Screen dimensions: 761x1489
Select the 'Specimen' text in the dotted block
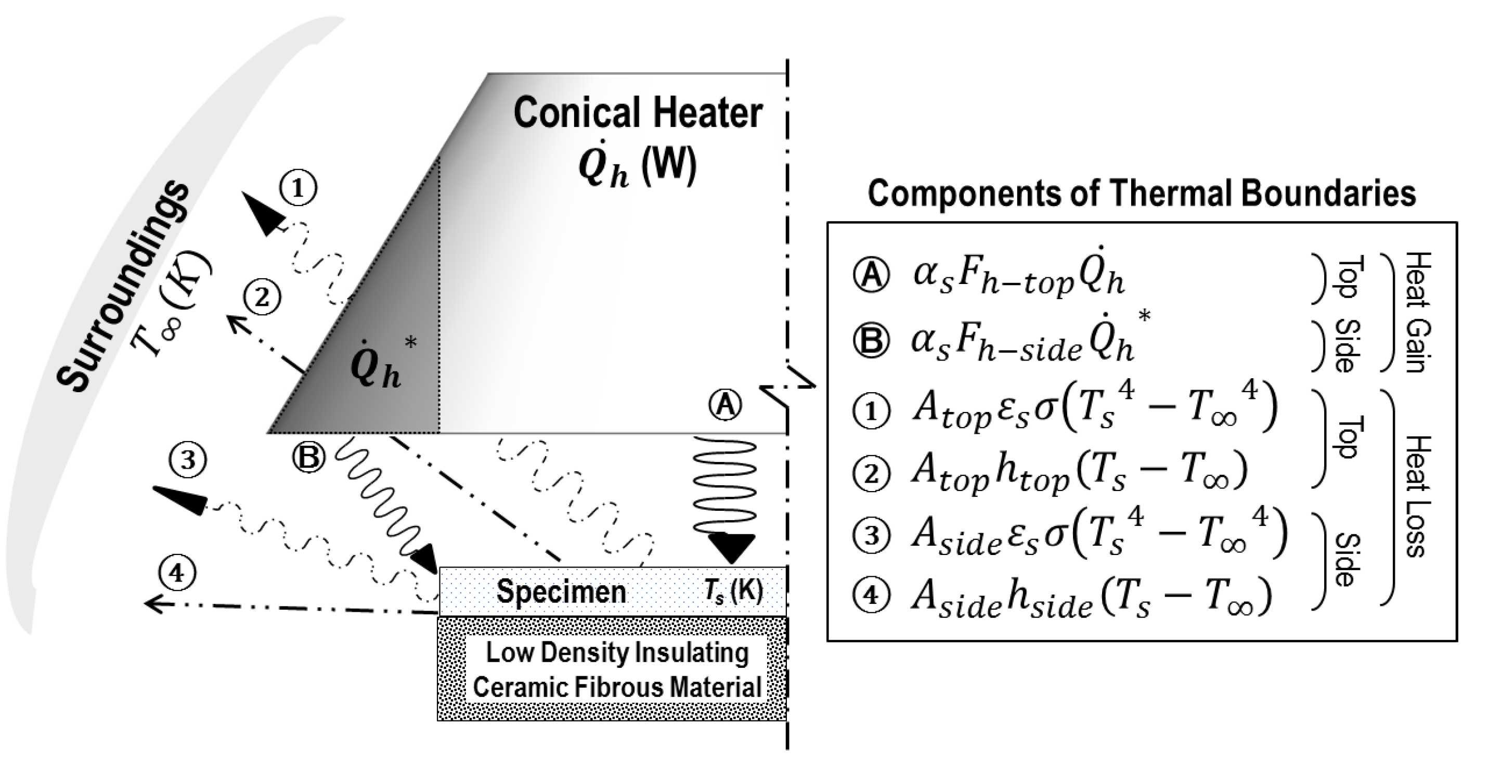(561, 591)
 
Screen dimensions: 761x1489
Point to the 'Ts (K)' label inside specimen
(733, 591)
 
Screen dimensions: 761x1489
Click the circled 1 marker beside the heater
(298, 188)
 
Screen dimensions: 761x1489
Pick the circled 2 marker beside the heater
(262, 298)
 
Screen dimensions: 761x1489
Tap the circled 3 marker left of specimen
(188, 460)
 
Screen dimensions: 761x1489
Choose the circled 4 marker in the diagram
(177, 573)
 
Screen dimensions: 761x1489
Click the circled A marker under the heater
(726, 405)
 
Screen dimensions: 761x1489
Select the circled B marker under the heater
(308, 458)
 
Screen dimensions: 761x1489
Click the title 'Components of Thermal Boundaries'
(1142, 193)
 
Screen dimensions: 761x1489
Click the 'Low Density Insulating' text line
(617, 653)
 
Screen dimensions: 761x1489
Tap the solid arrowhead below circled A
(731, 548)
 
